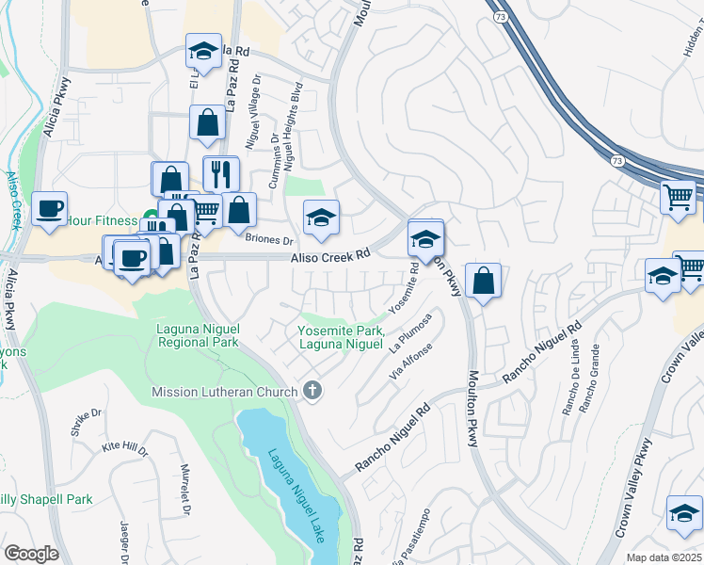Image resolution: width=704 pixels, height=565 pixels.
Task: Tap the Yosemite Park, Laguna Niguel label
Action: (341, 337)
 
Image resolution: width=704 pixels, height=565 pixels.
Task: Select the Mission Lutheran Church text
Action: (226, 391)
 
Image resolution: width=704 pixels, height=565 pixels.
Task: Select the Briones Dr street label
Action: (264, 238)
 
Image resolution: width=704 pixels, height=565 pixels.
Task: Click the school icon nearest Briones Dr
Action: (321, 218)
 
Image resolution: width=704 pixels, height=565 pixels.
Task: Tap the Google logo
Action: (31, 554)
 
